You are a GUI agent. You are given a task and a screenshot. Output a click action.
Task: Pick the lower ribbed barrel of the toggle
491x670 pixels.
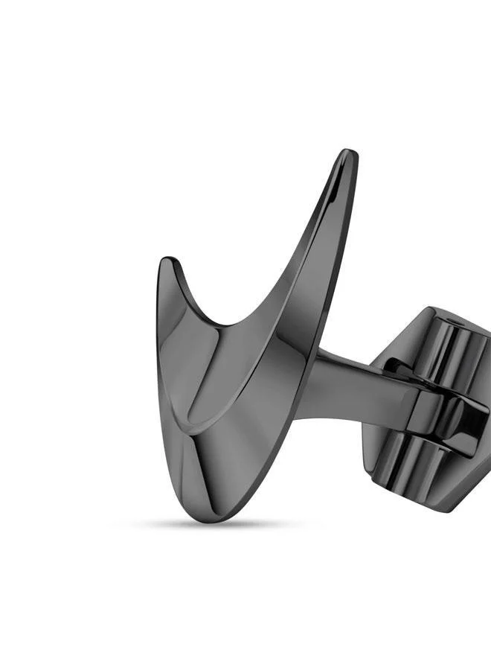point(446,476)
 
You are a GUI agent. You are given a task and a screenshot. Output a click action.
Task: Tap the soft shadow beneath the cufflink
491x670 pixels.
point(216,524)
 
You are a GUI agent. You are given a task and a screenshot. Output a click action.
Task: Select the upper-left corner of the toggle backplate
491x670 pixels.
point(424,313)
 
